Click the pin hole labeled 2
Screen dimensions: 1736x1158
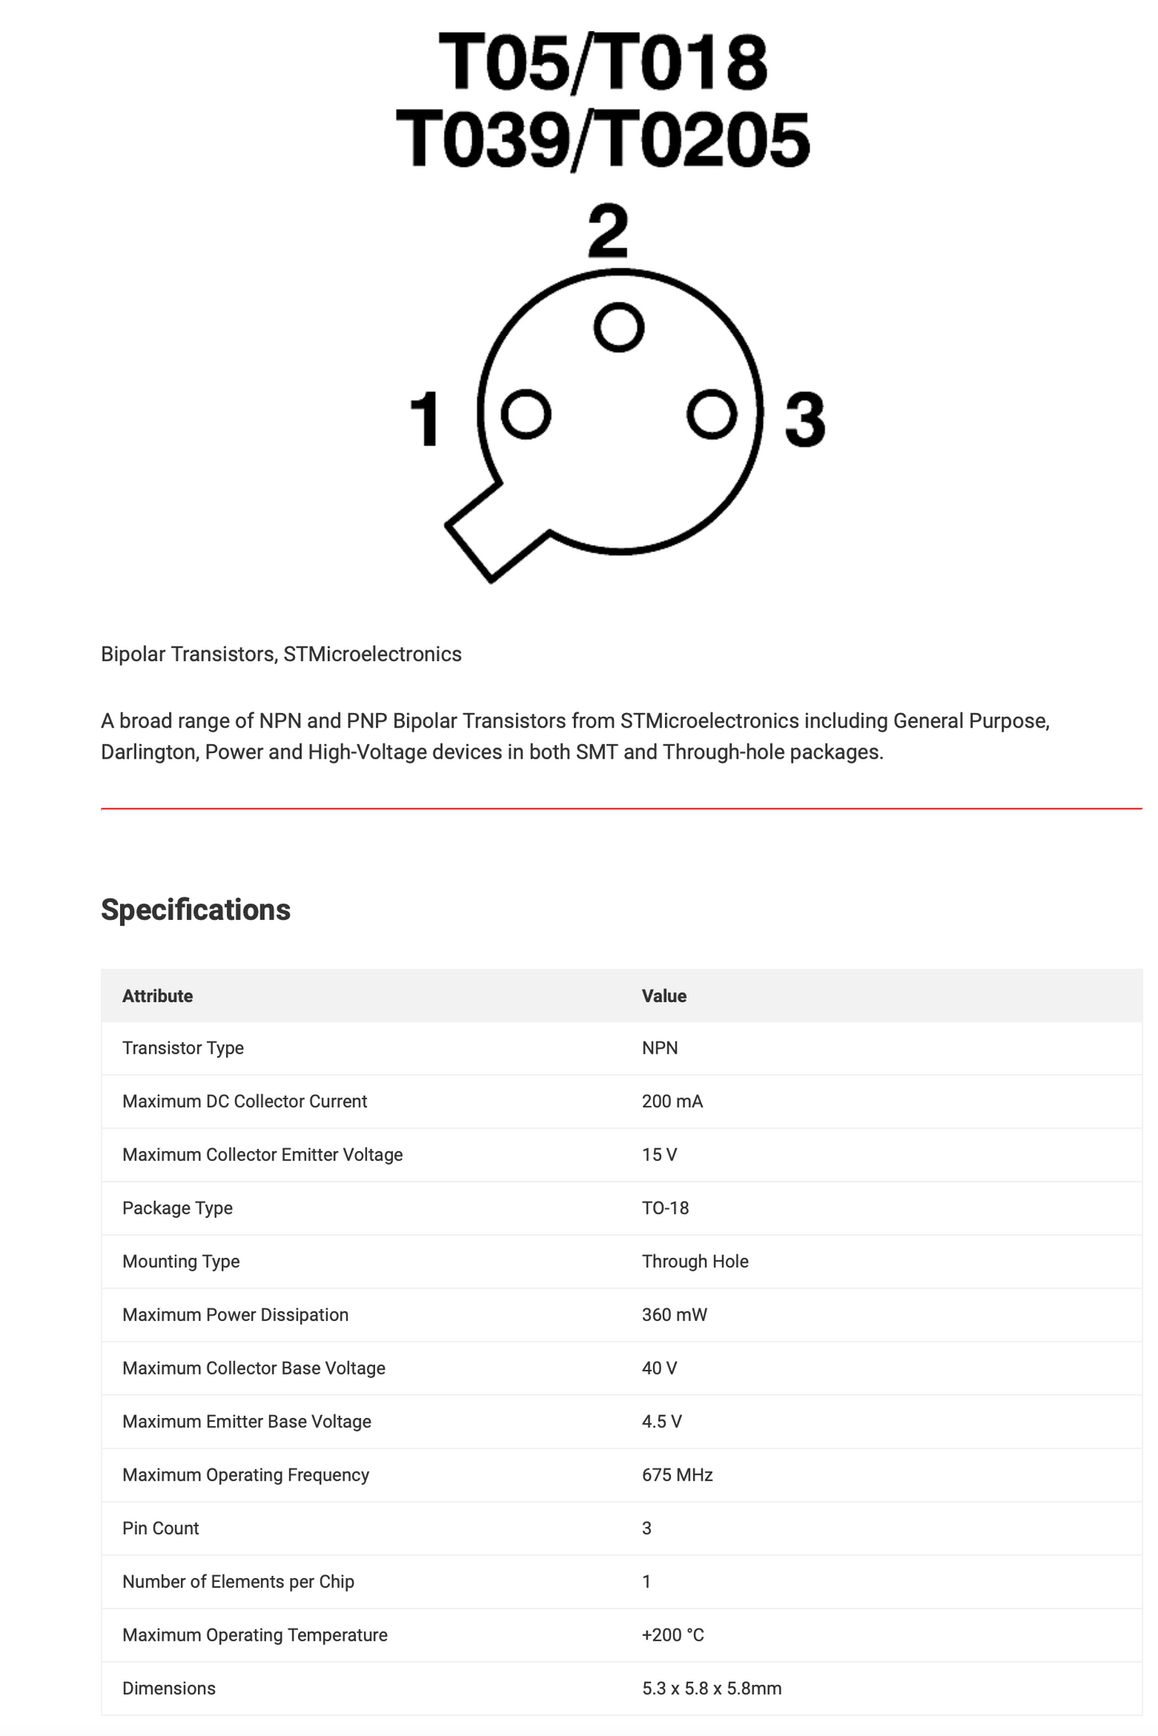point(619,327)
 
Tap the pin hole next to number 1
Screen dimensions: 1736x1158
point(526,414)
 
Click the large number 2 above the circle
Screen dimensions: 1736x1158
point(608,232)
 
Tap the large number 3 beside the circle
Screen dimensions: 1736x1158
point(805,419)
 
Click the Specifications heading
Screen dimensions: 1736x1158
point(196,910)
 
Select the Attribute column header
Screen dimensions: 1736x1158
point(158,996)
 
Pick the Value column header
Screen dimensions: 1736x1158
point(664,996)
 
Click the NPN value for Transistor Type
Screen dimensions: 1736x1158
point(660,1048)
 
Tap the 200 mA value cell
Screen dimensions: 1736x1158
point(672,1102)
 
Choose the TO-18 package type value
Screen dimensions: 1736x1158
point(665,1208)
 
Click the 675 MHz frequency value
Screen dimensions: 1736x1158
point(677,1475)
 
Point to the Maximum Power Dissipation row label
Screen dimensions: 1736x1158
point(236,1315)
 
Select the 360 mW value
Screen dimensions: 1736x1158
point(675,1315)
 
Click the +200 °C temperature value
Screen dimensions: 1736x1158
point(673,1635)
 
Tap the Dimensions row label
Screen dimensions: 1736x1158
point(169,1689)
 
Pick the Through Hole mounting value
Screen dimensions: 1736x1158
point(695,1262)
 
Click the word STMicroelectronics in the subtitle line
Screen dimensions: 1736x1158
point(373,655)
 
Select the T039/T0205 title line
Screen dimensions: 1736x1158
point(603,140)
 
